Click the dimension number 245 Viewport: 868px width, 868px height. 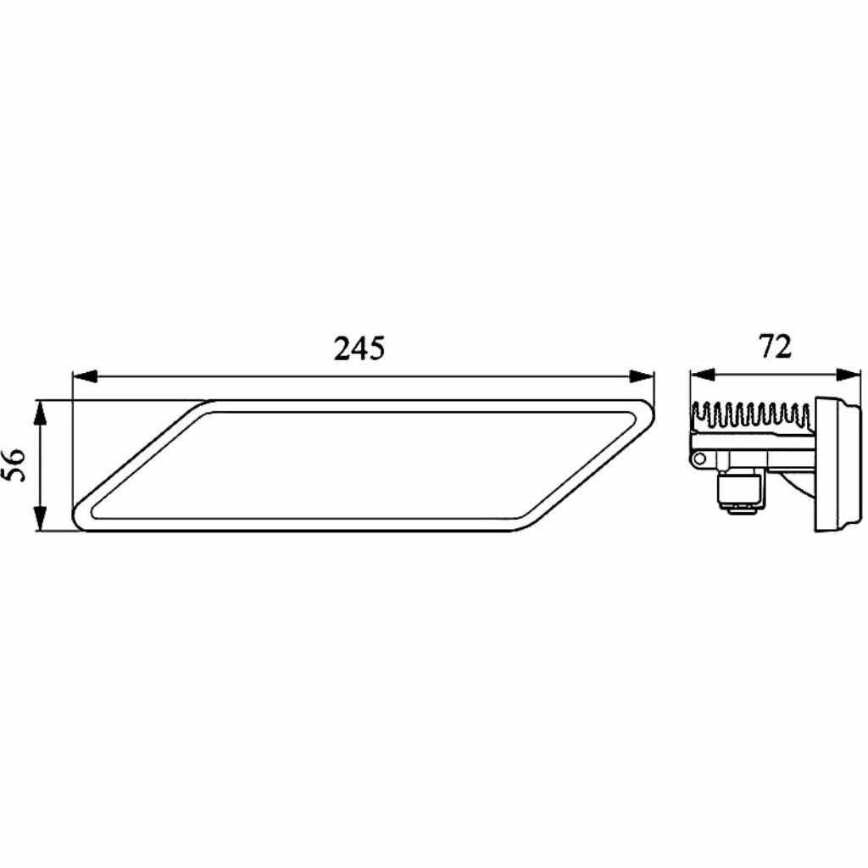(x=359, y=348)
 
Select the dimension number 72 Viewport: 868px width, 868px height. (x=776, y=347)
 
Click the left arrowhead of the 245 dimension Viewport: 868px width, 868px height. (x=86, y=376)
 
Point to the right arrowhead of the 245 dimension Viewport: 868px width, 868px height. (x=642, y=376)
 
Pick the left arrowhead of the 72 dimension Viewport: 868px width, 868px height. (x=703, y=375)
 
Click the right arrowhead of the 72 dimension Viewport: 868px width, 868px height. (x=849, y=375)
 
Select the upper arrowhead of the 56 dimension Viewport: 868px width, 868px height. (x=39, y=413)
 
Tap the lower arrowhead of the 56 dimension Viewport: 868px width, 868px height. (x=39, y=519)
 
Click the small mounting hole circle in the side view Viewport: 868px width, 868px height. (x=699, y=459)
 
